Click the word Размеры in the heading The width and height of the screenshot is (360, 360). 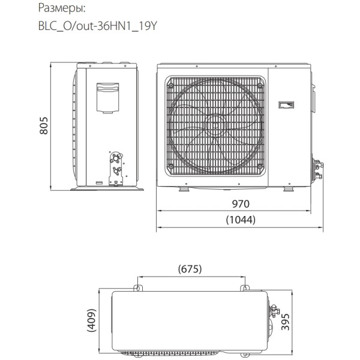pos(61,9)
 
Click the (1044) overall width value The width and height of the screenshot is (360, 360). pos(241,220)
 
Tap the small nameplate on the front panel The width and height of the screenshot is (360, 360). pos(286,106)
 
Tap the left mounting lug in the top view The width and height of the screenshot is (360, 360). pos(139,289)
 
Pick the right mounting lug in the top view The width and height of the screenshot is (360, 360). pos(245,289)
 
